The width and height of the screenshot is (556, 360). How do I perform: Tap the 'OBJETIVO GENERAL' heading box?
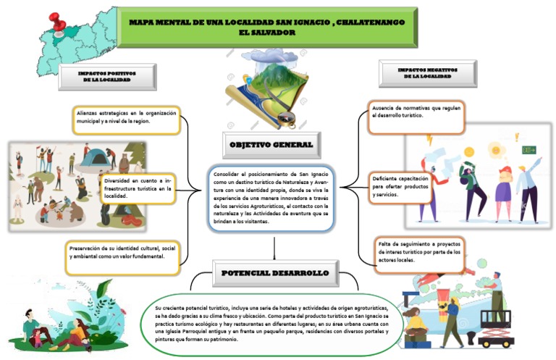(x=271, y=145)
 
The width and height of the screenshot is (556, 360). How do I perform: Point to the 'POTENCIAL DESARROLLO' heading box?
(x=275, y=273)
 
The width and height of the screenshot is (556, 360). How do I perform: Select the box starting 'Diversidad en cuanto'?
(x=138, y=188)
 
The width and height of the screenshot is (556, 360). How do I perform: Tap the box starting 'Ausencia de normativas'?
(x=416, y=115)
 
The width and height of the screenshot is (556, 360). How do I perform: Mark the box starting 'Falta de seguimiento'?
(x=420, y=253)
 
